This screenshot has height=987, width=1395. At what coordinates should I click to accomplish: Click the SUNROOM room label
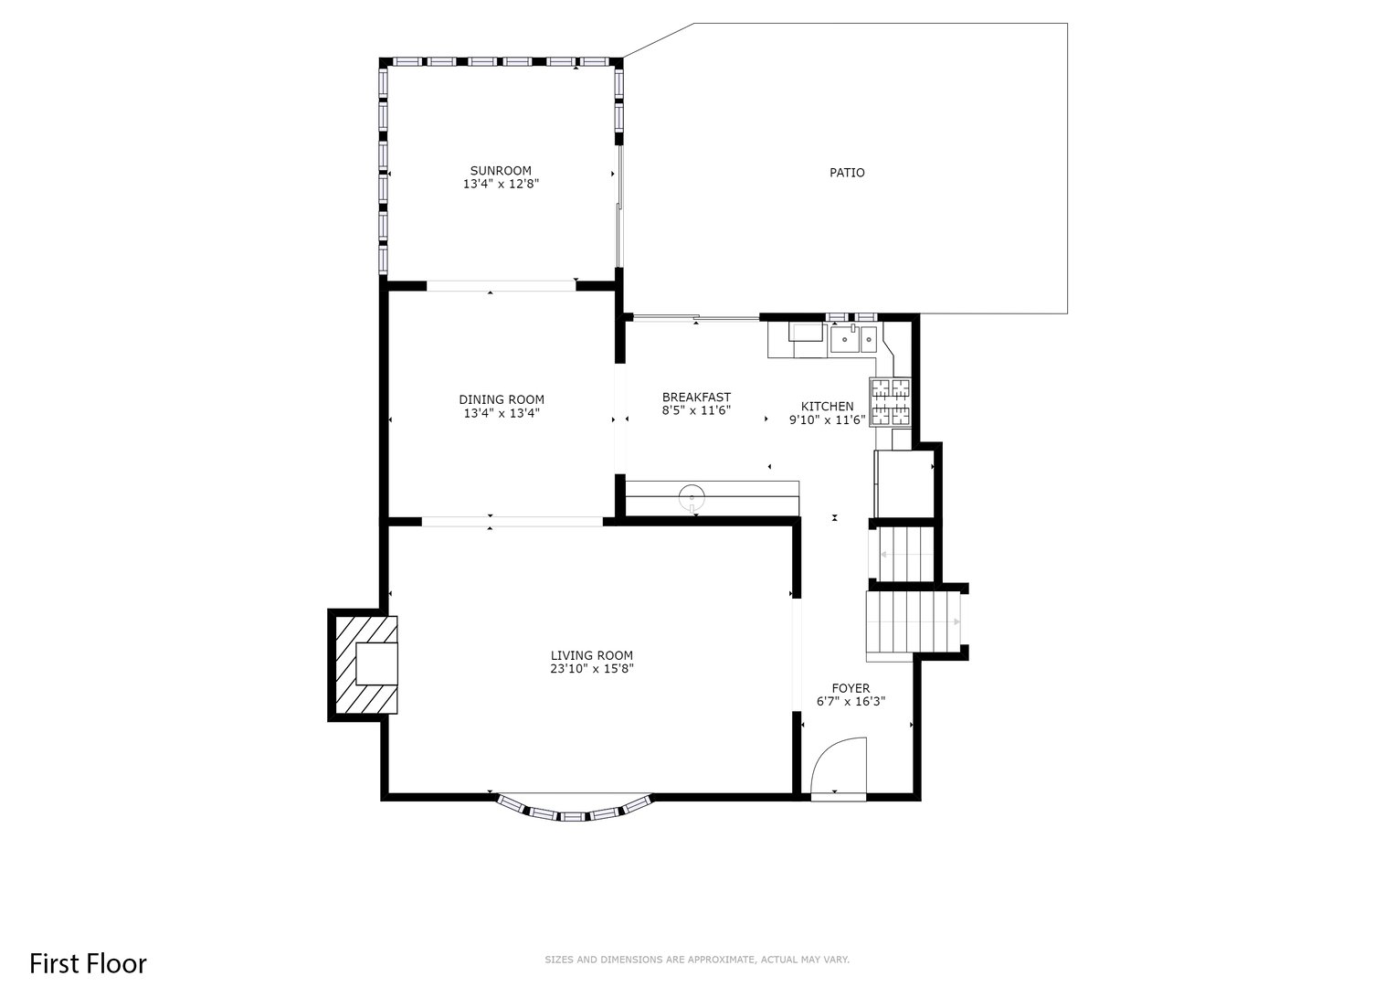tap(501, 171)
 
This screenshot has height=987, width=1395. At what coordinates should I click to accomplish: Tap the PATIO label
tap(847, 173)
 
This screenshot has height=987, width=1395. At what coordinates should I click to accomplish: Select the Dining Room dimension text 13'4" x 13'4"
tap(501, 413)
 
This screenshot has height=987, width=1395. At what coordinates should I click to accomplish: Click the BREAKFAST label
tap(696, 398)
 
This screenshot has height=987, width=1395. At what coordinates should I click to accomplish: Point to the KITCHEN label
tap(827, 407)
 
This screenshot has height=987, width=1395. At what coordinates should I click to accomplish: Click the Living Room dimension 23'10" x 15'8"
tap(592, 669)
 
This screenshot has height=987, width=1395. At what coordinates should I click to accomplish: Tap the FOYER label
tap(851, 688)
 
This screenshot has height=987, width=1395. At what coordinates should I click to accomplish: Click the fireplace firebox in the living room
tap(376, 664)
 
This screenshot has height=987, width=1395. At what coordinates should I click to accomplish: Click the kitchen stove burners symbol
tap(891, 402)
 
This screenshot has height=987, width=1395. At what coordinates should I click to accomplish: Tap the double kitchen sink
tap(853, 340)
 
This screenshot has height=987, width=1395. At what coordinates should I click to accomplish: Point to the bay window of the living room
tap(575, 812)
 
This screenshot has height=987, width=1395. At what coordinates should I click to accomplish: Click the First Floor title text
tap(88, 963)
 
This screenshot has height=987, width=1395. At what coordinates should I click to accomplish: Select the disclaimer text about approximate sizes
tap(697, 960)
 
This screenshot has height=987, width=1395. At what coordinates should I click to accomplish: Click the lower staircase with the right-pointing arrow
tap(913, 623)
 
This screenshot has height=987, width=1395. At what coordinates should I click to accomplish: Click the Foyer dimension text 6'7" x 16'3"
tap(851, 702)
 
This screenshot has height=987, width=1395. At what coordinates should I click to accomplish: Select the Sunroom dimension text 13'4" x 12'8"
tap(501, 184)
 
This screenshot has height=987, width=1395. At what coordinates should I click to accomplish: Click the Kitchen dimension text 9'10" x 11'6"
tap(827, 420)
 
